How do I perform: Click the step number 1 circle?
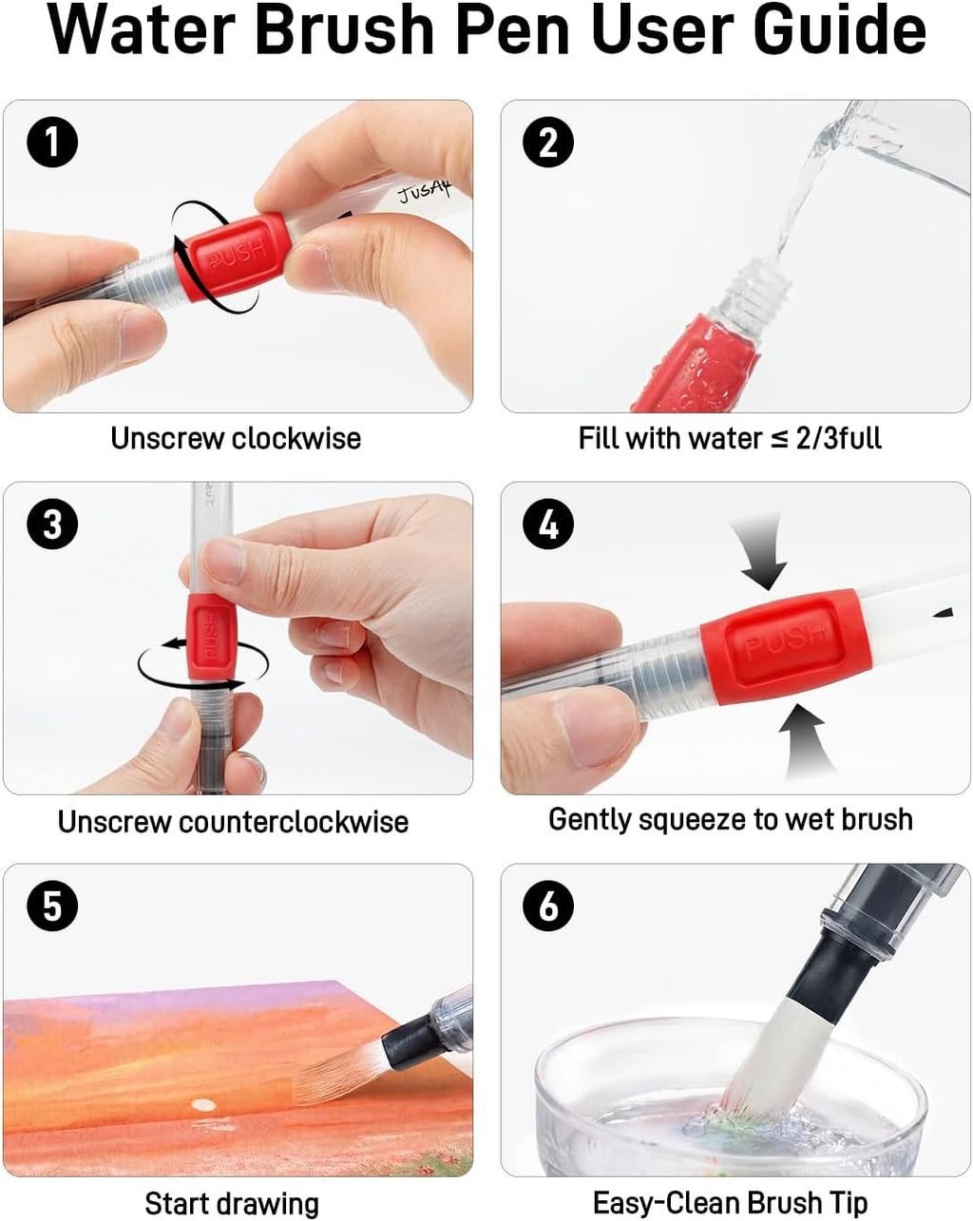52,142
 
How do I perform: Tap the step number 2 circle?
548,142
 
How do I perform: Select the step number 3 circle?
52,524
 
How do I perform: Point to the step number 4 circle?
548,524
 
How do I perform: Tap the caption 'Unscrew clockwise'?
236,439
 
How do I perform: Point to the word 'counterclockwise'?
294,822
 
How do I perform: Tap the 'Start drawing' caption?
232,1203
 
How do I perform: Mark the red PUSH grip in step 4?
786,647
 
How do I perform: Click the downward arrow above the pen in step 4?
761,553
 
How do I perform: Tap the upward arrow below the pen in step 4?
805,742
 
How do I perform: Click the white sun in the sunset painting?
203,1105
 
